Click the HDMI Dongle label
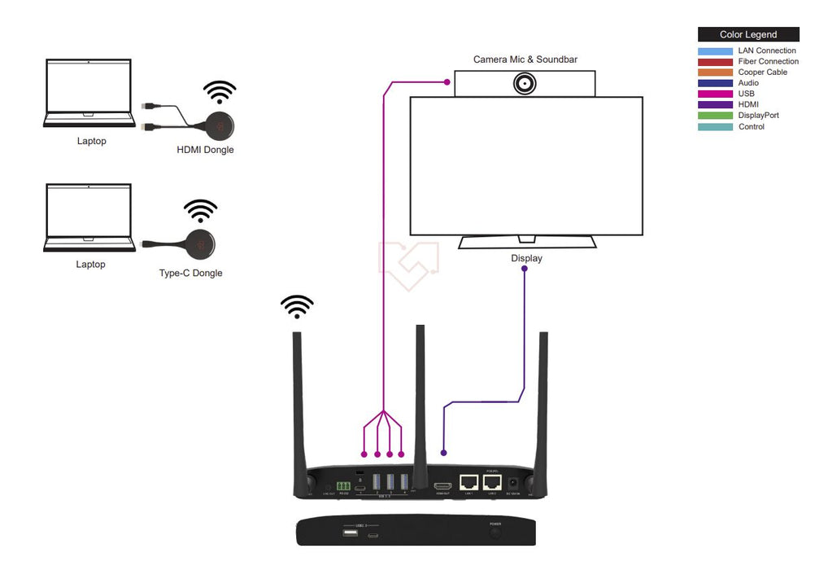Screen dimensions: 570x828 pyautogui.click(x=205, y=150)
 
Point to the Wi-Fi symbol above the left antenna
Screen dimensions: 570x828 pyautogui.click(x=297, y=306)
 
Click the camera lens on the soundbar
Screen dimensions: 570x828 pyautogui.click(x=525, y=84)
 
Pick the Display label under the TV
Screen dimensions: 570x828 pyautogui.click(x=526, y=259)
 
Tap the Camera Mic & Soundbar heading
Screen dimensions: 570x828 pyautogui.click(x=525, y=59)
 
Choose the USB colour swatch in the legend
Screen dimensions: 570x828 pyautogui.click(x=715, y=94)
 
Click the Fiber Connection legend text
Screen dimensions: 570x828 pyautogui.click(x=768, y=62)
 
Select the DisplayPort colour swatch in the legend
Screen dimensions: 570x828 pyautogui.click(x=715, y=116)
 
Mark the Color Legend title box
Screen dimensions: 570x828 pyautogui.click(x=748, y=35)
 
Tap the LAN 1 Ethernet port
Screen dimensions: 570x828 pyautogui.click(x=468, y=481)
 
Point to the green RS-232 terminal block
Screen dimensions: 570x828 pyautogui.click(x=344, y=487)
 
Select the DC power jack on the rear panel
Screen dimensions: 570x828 pyautogui.click(x=513, y=482)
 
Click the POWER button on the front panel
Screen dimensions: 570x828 pyautogui.click(x=495, y=533)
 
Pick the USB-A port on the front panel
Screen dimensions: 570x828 pyautogui.click(x=351, y=533)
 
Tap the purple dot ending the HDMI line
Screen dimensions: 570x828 pyautogui.click(x=443, y=452)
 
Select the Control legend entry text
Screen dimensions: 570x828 pyautogui.click(x=751, y=127)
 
